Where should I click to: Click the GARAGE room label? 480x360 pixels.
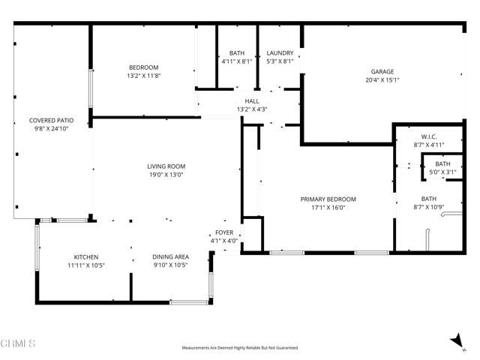tap(382, 72)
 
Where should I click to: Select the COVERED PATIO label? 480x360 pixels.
tap(50, 120)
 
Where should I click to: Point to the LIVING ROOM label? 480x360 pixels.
tap(166, 166)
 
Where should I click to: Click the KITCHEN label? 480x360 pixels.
tap(85, 256)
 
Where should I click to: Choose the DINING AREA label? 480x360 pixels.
tap(169, 256)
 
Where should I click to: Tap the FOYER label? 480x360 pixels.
tap(224, 232)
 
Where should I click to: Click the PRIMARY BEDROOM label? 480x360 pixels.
tap(328, 199)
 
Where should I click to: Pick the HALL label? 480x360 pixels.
tap(252, 101)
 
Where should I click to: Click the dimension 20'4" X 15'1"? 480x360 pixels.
tap(382, 80)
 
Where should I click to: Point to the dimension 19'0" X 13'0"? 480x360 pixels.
tap(166, 175)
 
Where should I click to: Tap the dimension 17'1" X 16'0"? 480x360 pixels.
tap(328, 208)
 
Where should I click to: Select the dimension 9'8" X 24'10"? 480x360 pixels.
tap(50, 128)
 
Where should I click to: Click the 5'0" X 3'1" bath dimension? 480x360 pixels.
tap(442, 172)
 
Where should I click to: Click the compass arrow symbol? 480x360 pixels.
tap(455, 341)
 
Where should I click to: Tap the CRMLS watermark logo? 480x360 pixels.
tap(18, 343)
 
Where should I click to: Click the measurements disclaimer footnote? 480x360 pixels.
tap(240, 348)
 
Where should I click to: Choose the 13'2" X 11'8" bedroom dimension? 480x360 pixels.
tap(143, 76)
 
